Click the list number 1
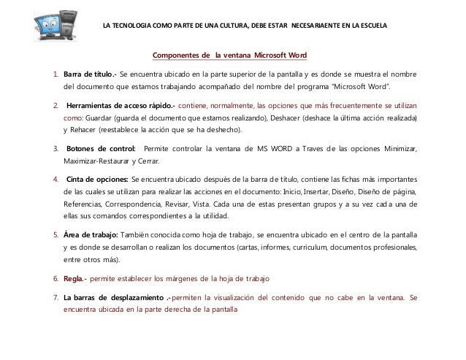tap(55, 74)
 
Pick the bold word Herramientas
tap(93, 104)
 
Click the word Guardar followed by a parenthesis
tap(101, 118)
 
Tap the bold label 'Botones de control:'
tap(100, 150)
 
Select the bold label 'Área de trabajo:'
tap(91, 235)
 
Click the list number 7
tap(55, 297)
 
